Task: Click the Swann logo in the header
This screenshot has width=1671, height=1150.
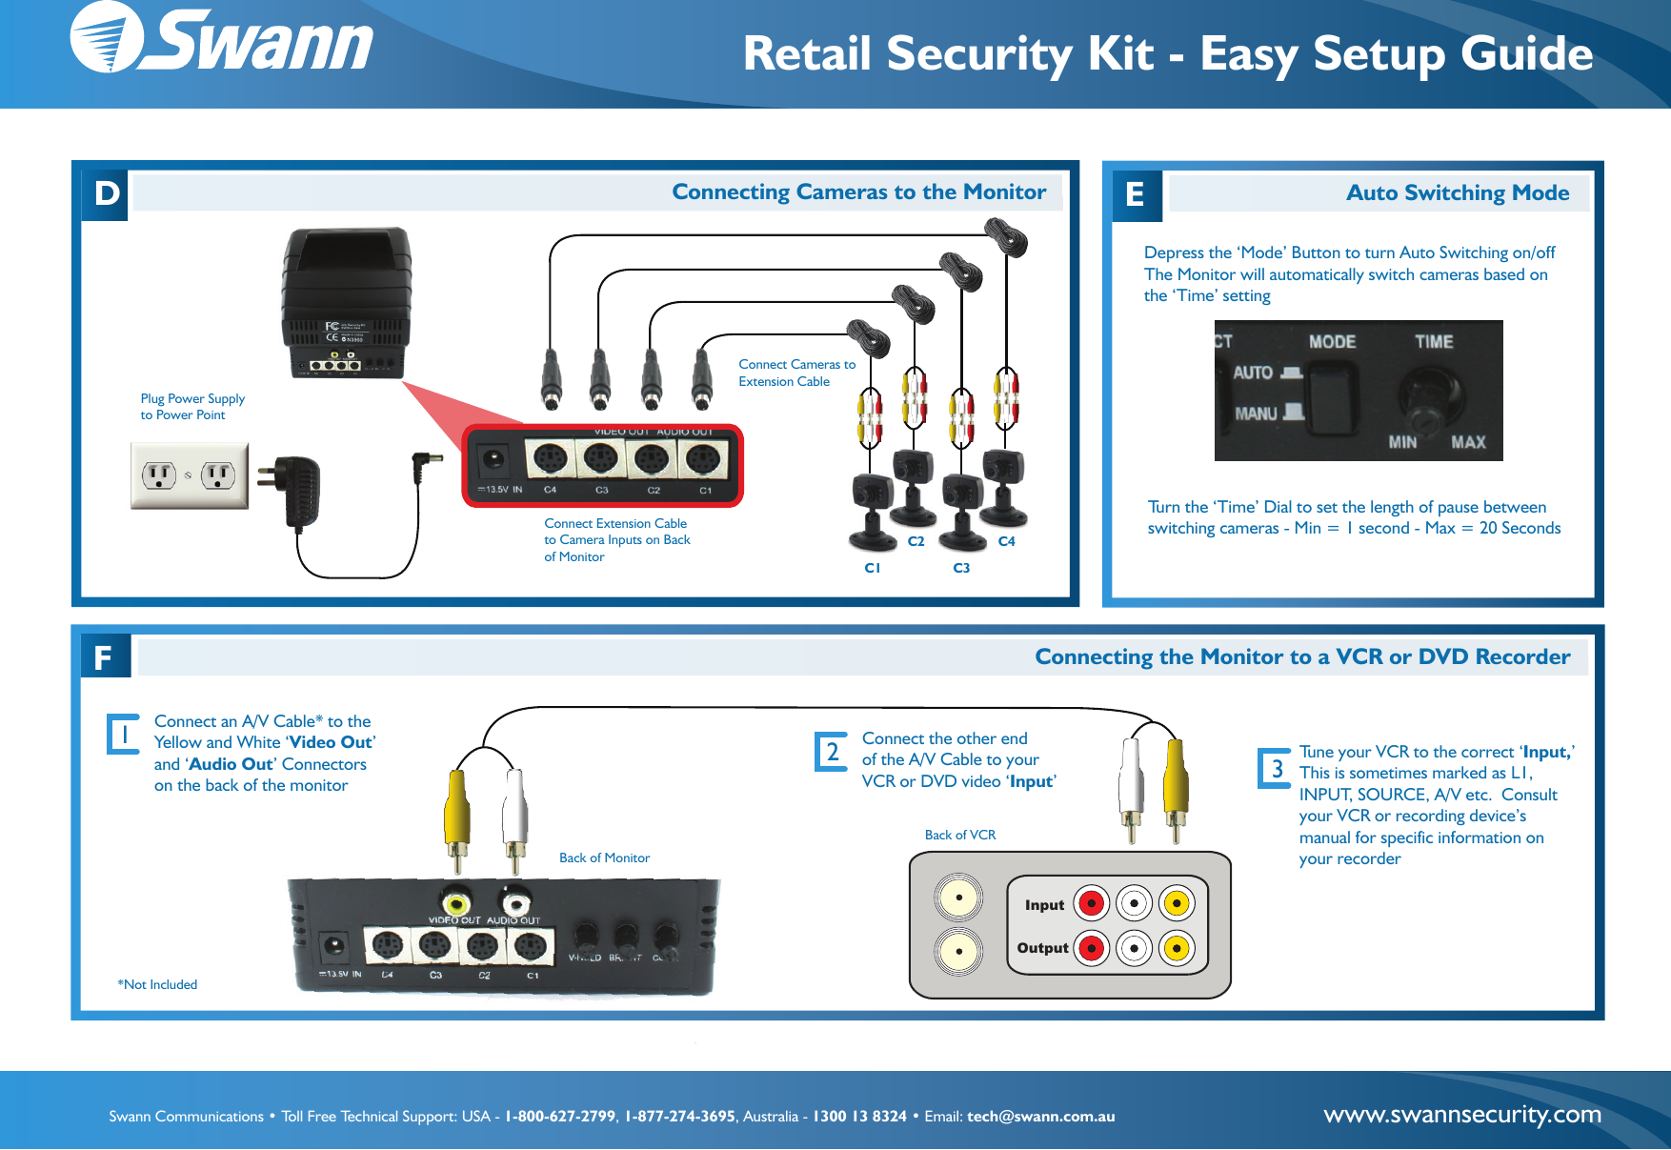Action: [x=221, y=40]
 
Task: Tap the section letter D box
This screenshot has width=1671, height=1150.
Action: [x=106, y=194]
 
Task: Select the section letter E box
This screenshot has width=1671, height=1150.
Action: [x=1136, y=195]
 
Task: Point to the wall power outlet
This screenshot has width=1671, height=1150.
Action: [x=190, y=474]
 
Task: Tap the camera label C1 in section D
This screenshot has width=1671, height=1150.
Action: [x=872, y=568]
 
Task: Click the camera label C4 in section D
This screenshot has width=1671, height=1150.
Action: [x=1006, y=541]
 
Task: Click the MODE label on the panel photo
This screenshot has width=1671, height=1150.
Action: [x=1332, y=342]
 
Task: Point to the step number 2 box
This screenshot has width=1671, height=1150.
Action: [x=832, y=752]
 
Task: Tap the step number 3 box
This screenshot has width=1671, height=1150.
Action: [x=1276, y=768]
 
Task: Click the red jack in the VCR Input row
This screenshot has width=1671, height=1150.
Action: [x=1092, y=903]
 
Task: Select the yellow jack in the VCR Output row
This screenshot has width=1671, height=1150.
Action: [x=1177, y=948]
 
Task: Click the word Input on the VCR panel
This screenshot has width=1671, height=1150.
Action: [x=1044, y=905]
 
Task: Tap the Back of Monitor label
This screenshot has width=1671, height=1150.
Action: [x=604, y=857]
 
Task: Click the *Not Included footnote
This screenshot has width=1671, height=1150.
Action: [x=157, y=984]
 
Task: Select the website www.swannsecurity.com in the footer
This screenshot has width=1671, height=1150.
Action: [x=1461, y=1114]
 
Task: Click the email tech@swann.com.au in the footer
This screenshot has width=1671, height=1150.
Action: [x=1040, y=1117]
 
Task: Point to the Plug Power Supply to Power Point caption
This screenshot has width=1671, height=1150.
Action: [x=192, y=407]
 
